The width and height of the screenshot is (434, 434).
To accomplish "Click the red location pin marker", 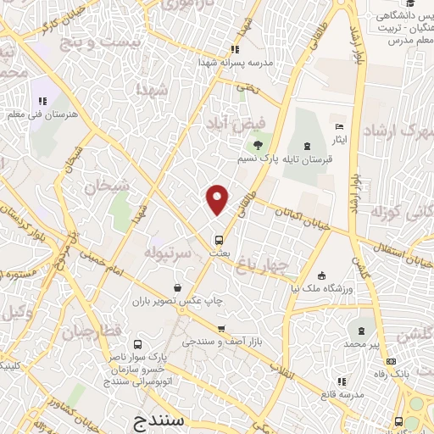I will [218, 199].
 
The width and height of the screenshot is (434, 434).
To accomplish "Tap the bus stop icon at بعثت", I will [219, 240].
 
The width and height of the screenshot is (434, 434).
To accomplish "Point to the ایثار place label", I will [339, 138].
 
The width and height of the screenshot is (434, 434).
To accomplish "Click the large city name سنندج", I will [165, 420].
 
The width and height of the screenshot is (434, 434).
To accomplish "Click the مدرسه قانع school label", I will [342, 395].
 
